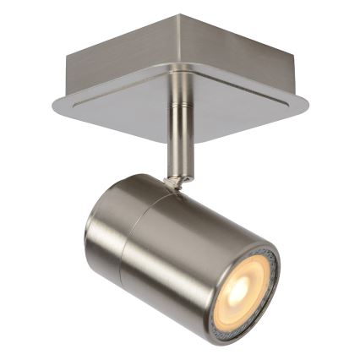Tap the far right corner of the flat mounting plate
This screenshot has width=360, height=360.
point(306,106)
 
